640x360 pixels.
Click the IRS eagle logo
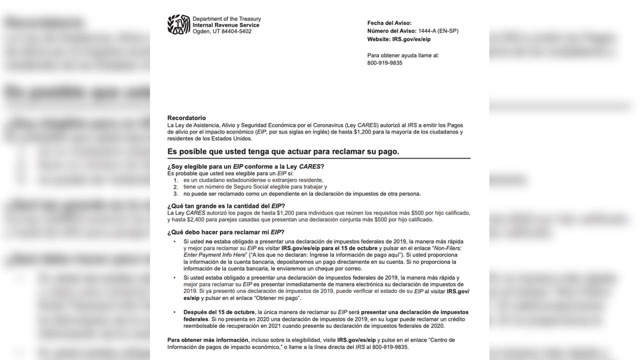178,24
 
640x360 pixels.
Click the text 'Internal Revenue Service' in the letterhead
226,25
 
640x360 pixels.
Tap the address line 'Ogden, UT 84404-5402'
222,31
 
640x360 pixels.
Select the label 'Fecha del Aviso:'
389,23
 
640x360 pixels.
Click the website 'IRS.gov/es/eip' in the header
411,39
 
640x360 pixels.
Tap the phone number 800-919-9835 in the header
384,63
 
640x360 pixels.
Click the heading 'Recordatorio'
186,118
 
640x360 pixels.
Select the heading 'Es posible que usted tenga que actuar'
283,151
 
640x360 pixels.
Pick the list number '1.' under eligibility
175,180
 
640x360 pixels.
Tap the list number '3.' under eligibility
175,193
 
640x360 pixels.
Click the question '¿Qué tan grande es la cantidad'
226,206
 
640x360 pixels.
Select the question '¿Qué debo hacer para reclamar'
225,232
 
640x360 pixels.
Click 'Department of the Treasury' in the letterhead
226,19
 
